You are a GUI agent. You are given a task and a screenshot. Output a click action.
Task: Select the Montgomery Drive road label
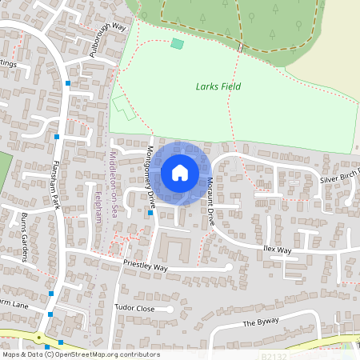click(149, 173)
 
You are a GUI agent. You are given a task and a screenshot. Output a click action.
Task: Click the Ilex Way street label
click(278, 250)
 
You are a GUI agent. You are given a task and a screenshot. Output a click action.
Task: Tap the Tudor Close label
click(134, 307)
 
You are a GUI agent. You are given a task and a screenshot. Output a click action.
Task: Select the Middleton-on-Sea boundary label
click(113, 177)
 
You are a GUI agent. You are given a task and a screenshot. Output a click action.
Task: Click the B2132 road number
click(274, 353)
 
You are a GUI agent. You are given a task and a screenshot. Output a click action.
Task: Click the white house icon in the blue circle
click(180, 173)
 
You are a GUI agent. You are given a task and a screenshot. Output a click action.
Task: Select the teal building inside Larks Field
click(177, 42)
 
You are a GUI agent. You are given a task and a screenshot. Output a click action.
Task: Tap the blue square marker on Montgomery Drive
click(150, 212)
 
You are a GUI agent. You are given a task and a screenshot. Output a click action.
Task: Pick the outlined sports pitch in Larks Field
click(123, 107)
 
